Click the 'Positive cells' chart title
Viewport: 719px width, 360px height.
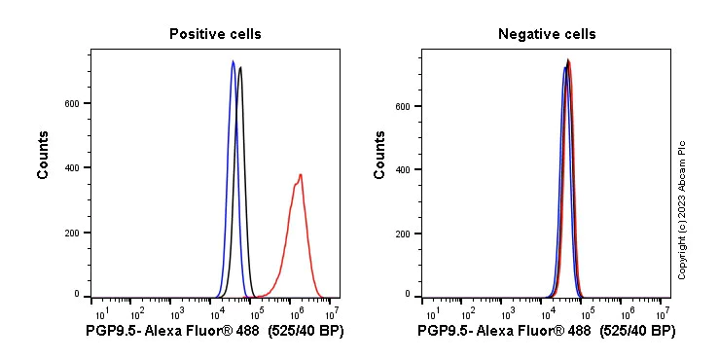point(215,34)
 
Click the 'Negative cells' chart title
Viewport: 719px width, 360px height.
point(547,34)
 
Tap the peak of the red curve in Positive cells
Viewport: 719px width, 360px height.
point(301,175)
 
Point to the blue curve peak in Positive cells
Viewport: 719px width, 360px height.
point(233,61)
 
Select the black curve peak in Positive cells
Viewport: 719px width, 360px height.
point(240,67)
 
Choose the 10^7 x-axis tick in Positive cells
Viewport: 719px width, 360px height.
point(332,312)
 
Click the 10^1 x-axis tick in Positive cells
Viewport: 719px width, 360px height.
point(100,312)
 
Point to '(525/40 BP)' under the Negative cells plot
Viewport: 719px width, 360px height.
point(637,332)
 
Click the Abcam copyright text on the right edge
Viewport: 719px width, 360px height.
point(682,209)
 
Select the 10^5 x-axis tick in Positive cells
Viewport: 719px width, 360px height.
point(255,312)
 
